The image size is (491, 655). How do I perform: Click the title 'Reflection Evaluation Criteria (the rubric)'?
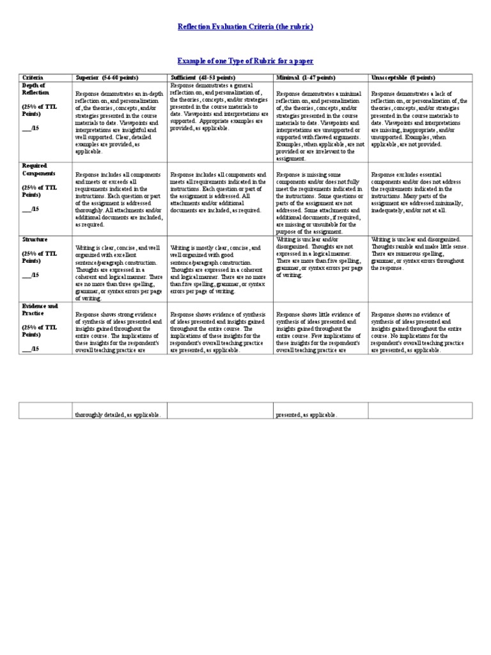(245, 28)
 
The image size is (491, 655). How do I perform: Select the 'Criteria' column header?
(32, 77)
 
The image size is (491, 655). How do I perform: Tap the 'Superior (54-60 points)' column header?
(108, 77)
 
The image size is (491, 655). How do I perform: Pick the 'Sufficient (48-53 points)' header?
(202, 77)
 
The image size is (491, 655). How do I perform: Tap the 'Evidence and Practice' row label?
(40, 310)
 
